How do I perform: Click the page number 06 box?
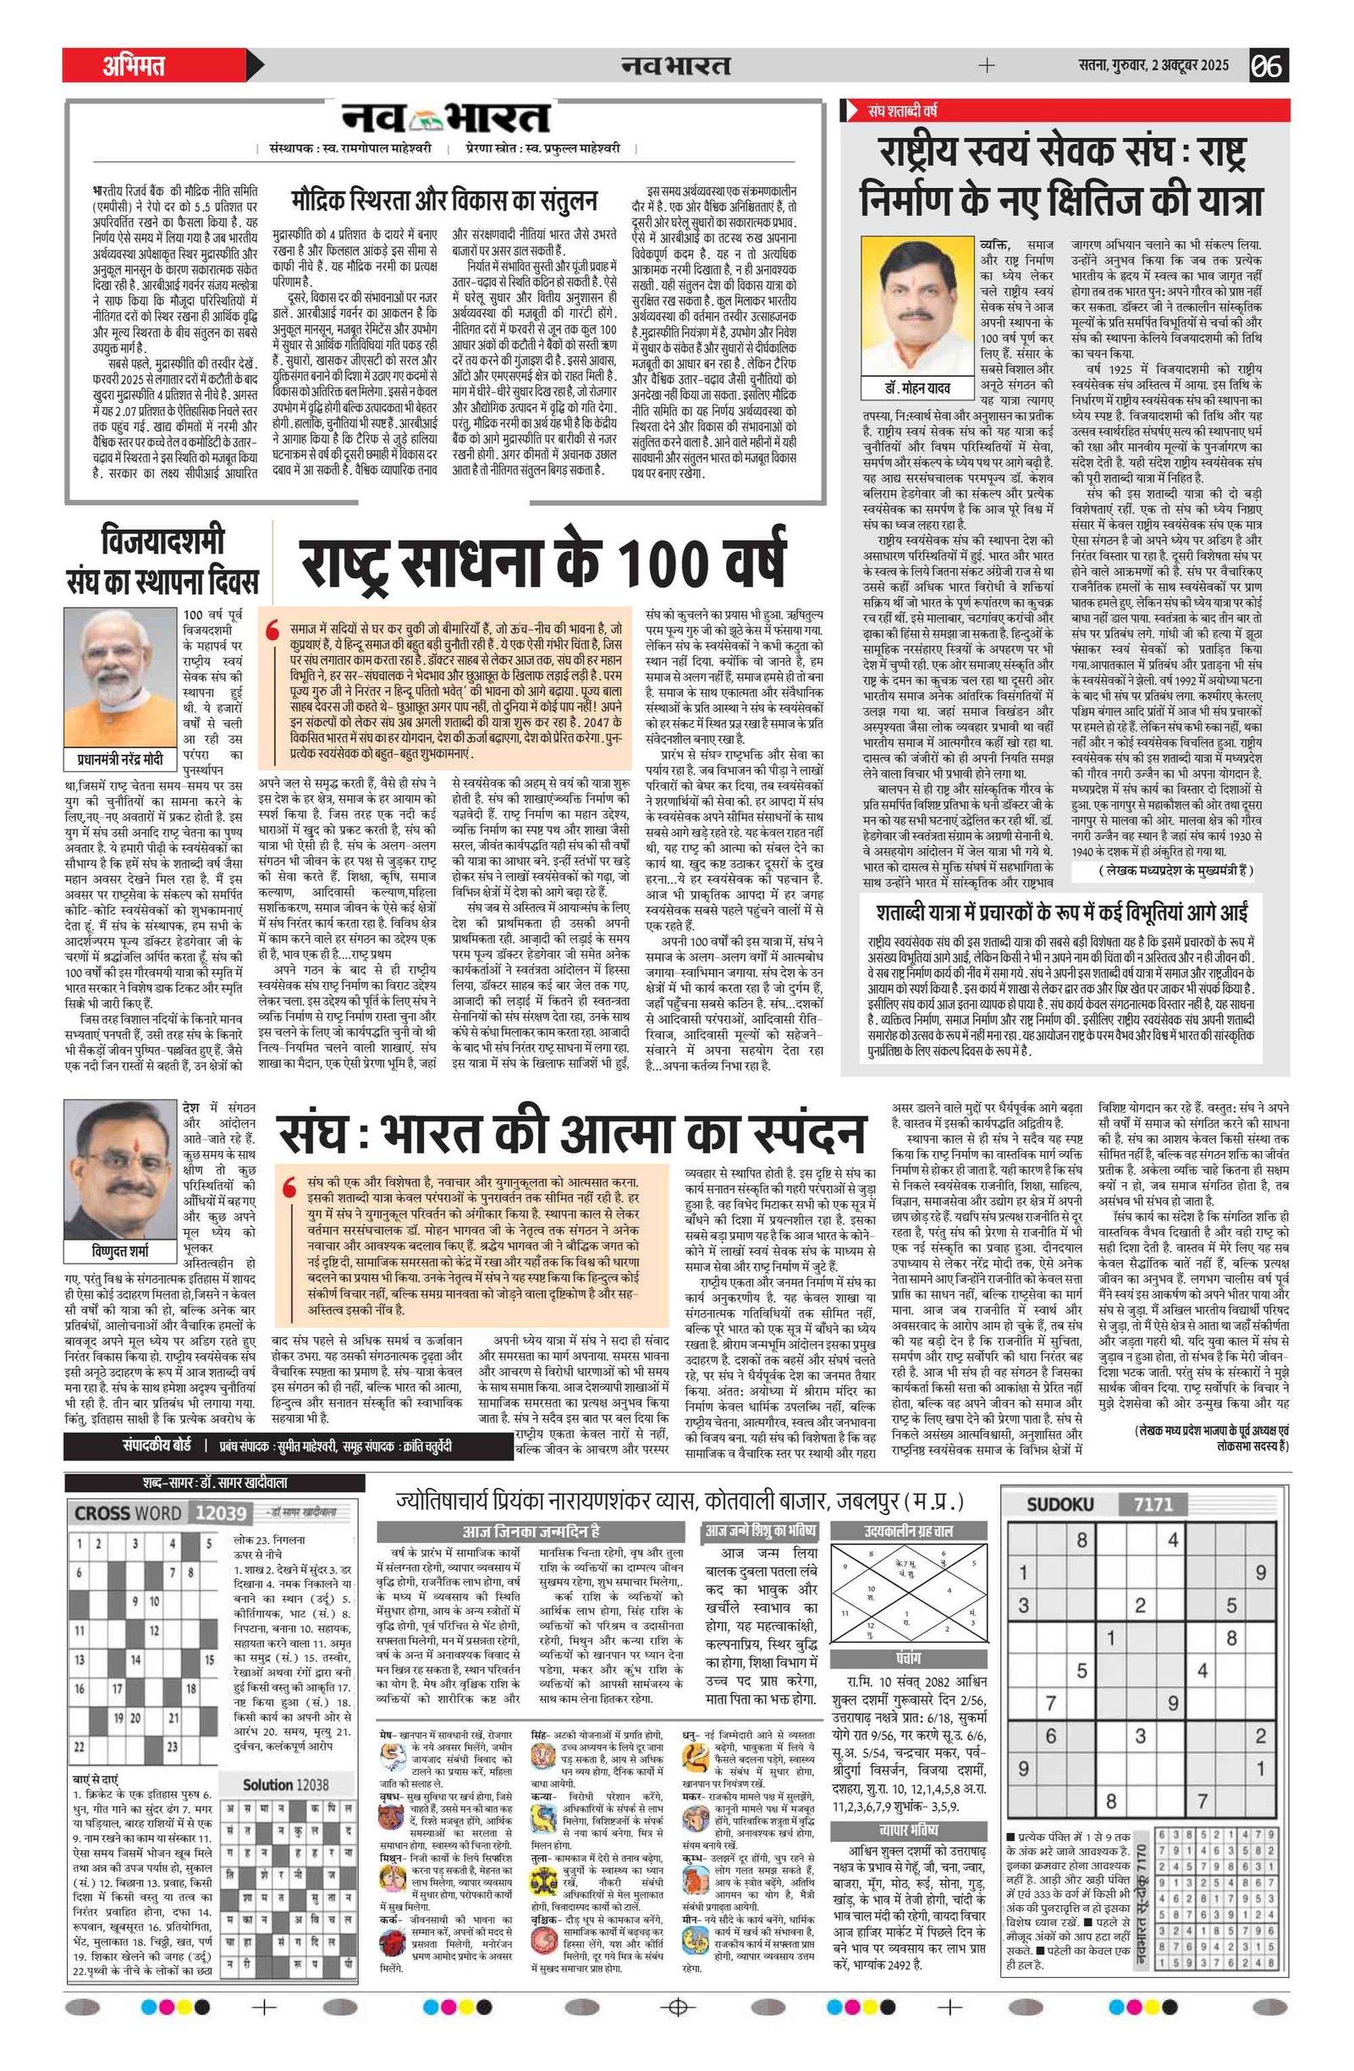pyautogui.click(x=1269, y=65)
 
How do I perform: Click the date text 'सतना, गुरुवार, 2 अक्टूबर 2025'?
pyautogui.click(x=1153, y=65)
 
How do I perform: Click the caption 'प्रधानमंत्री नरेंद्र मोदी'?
pyautogui.click(x=122, y=759)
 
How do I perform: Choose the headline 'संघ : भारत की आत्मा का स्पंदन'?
pyautogui.click(x=571, y=1133)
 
